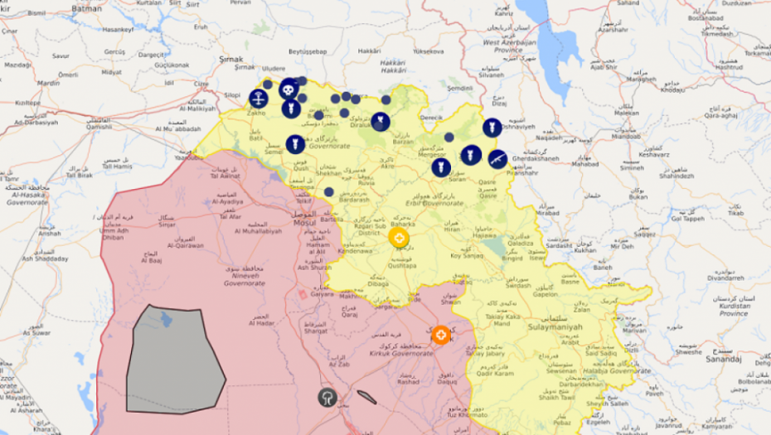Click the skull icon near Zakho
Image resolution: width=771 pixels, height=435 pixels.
pyautogui.click(x=288, y=88)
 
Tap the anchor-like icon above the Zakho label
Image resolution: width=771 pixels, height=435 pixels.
pyautogui.click(x=259, y=99)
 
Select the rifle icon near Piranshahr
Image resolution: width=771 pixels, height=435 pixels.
pyautogui.click(x=497, y=158)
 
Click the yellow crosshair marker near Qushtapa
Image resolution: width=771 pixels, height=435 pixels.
pyautogui.click(x=399, y=239)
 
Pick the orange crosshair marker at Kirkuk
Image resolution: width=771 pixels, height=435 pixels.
pyautogui.click(x=441, y=335)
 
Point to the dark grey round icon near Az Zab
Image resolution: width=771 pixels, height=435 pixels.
pyautogui.click(x=327, y=397)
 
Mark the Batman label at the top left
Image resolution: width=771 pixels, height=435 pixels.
pyautogui.click(x=87, y=8)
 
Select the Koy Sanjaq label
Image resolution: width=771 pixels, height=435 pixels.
pyautogui.click(x=465, y=256)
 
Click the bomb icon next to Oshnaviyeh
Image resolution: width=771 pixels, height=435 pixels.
pyautogui.click(x=492, y=128)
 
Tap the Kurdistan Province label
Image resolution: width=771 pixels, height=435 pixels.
pyautogui.click(x=733, y=313)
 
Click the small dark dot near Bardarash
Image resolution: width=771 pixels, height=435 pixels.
pyautogui.click(x=329, y=192)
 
